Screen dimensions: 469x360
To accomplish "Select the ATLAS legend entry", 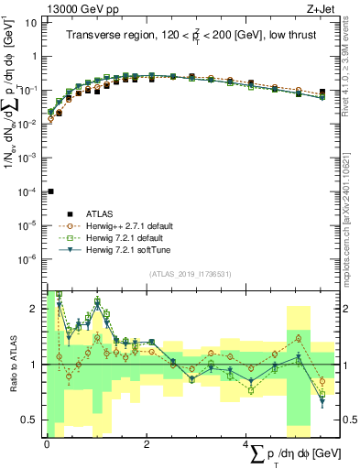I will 101,213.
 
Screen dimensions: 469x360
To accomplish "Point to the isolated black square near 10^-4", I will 51,191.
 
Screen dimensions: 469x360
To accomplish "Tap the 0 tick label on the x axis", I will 47,443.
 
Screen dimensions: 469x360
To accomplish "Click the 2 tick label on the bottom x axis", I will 147,443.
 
